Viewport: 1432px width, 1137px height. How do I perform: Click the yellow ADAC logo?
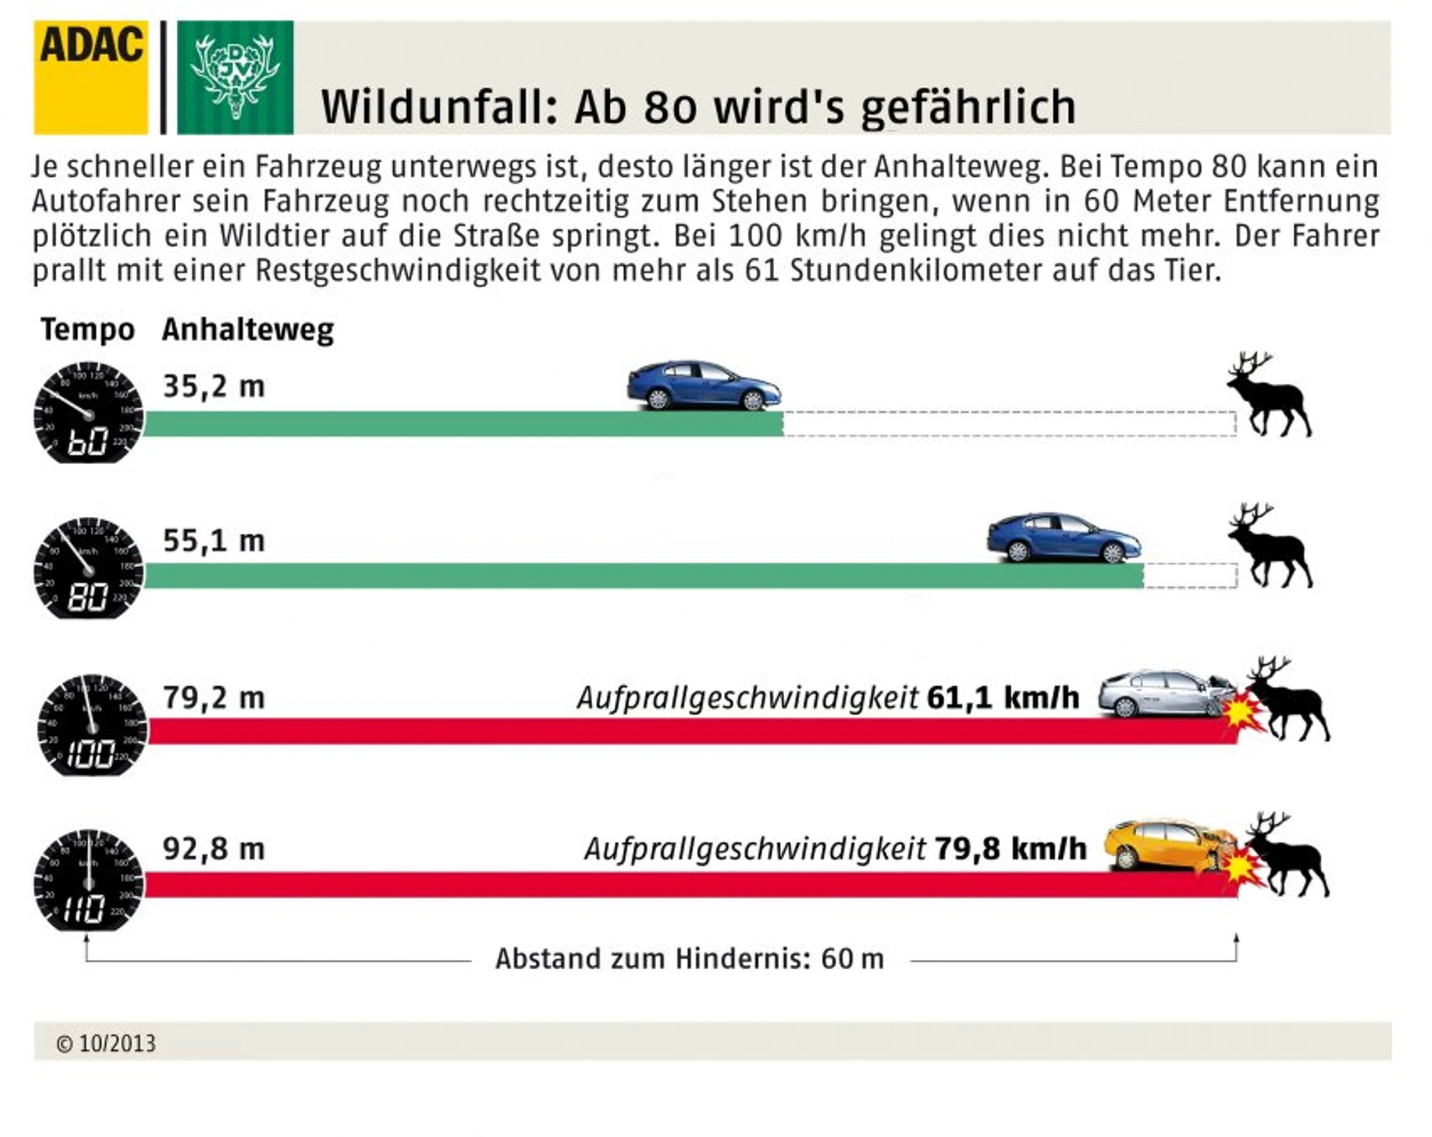click(x=91, y=78)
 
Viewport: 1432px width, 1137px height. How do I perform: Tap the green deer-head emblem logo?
click(x=235, y=78)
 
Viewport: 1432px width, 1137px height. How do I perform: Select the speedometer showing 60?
click(x=88, y=412)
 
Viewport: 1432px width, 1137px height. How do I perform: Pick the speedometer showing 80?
click(x=88, y=568)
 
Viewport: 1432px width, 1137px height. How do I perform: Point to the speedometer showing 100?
click(x=92, y=725)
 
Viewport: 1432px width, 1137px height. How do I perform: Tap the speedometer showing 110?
click(x=88, y=879)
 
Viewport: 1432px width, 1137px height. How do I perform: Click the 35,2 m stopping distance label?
click(x=214, y=386)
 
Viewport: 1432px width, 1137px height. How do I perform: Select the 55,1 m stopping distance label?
click(x=214, y=541)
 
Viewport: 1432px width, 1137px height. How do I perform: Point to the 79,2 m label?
click(x=214, y=698)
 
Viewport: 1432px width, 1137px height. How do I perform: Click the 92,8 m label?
click(x=214, y=849)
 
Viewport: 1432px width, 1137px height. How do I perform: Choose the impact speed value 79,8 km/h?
click(x=1010, y=849)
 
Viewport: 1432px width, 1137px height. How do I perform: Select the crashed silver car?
click(x=1166, y=694)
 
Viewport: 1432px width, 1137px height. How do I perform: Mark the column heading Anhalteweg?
click(x=248, y=330)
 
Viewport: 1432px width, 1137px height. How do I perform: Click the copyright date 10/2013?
click(x=117, y=1044)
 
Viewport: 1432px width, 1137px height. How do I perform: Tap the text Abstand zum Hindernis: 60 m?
click(x=690, y=959)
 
